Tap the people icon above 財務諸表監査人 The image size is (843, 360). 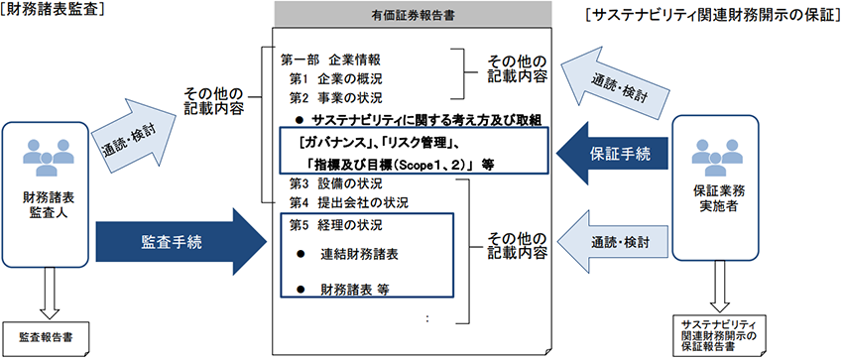tap(43, 149)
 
